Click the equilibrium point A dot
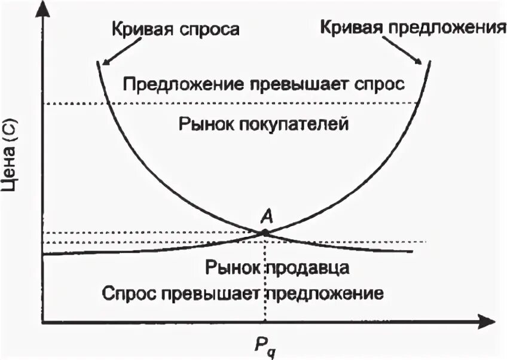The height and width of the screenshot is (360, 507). [x=264, y=231]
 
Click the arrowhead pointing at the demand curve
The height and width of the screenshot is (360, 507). [x=104, y=62]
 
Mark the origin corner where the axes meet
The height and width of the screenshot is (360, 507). [x=41, y=323]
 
